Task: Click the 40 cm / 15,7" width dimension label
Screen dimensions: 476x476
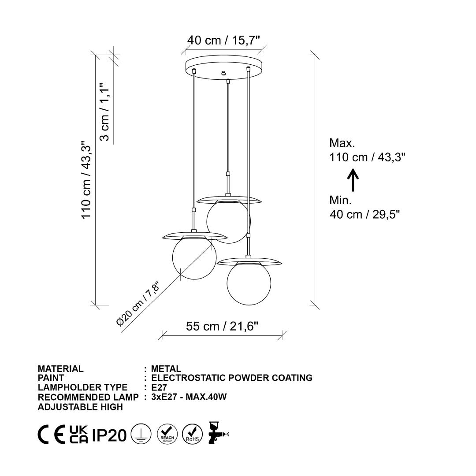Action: click(224, 41)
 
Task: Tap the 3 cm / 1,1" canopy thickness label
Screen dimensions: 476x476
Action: click(104, 112)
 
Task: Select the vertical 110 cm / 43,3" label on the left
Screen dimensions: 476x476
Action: click(86, 179)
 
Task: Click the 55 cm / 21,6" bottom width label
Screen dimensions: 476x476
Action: click(222, 326)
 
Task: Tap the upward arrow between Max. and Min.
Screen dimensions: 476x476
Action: click(353, 180)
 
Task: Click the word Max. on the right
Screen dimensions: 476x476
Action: click(342, 143)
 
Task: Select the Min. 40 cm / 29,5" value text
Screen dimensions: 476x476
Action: click(364, 214)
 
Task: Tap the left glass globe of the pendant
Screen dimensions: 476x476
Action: click(194, 257)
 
